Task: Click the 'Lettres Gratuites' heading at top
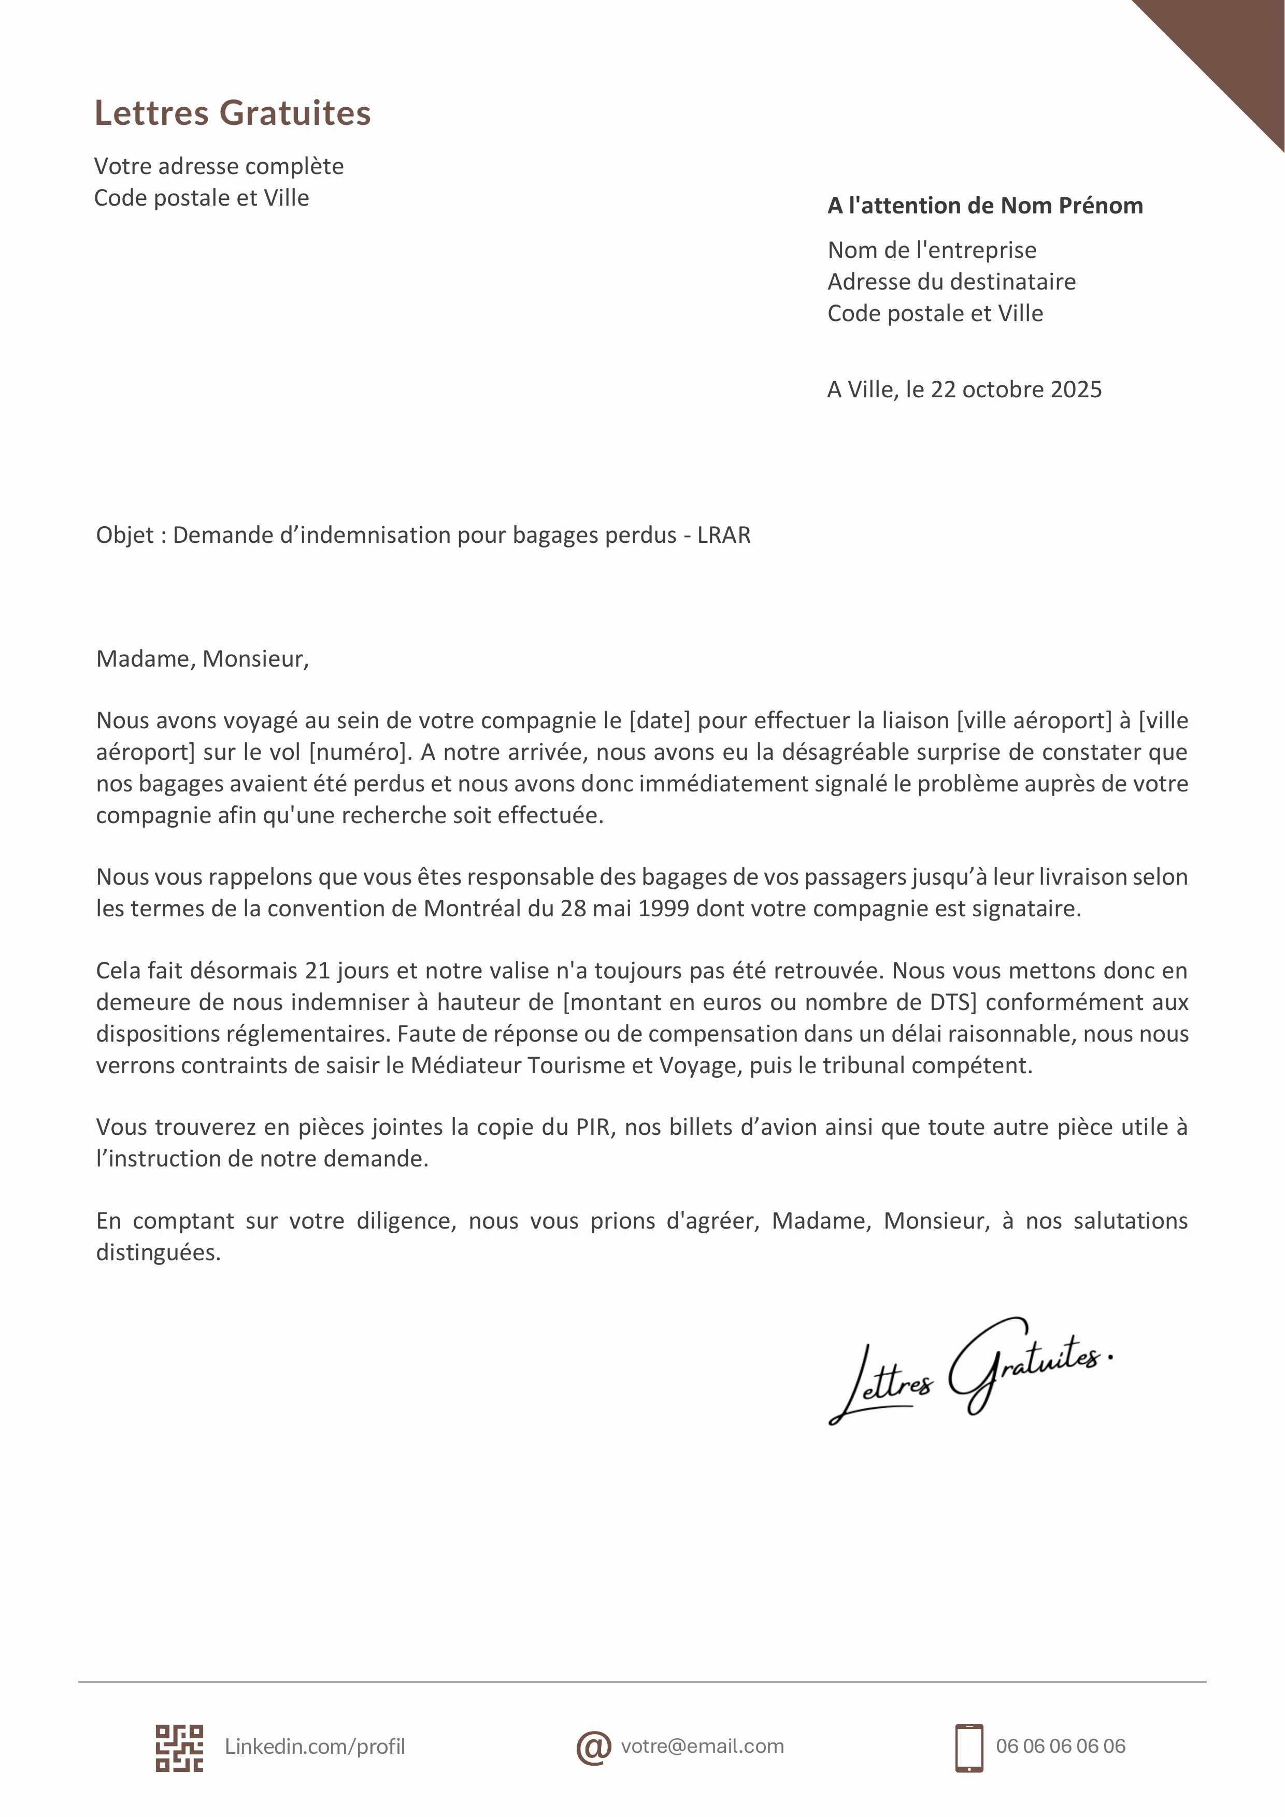coord(232,113)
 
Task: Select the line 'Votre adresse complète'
coord(219,166)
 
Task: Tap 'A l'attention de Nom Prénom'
coord(985,206)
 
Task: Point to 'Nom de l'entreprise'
coord(932,250)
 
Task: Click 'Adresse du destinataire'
coord(951,282)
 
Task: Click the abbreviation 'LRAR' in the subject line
coord(724,536)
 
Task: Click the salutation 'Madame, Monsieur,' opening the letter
coord(202,659)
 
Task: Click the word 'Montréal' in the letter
coord(473,908)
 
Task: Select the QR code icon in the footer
coord(179,1748)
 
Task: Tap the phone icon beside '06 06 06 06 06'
coord(969,1748)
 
